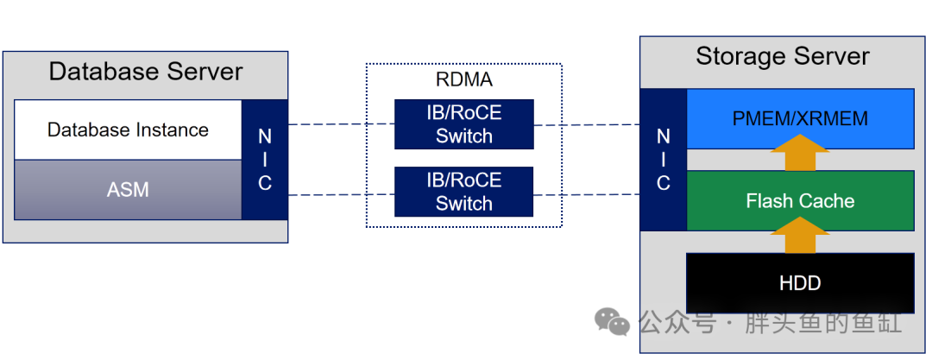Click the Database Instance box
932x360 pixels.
coord(128,129)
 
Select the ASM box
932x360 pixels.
coord(128,190)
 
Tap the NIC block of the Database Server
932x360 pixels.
coord(265,160)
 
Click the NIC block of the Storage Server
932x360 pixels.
coord(664,160)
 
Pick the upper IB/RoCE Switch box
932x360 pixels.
coord(464,124)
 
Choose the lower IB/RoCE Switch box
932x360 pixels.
coord(464,192)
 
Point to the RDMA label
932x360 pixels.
coord(464,79)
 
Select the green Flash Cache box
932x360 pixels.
coord(800,200)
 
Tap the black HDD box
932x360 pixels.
coord(800,282)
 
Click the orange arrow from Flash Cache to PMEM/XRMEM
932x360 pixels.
coord(800,152)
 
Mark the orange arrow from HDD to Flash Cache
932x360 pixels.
coord(800,235)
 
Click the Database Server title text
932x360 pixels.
coord(146,72)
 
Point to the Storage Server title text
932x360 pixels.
coord(782,56)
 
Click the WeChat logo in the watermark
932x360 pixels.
coord(612,321)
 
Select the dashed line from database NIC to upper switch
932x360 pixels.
coord(341,124)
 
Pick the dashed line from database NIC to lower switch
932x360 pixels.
coord(341,194)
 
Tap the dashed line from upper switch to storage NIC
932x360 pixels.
coord(587,125)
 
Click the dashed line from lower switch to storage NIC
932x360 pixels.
coord(587,194)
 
